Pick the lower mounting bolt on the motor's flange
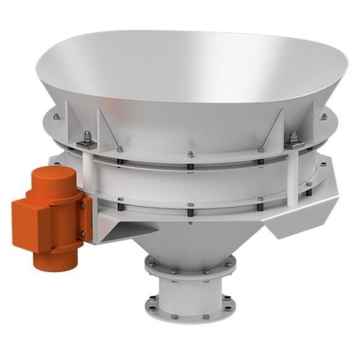click(x=82, y=234)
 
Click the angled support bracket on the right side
click(x=291, y=214)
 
